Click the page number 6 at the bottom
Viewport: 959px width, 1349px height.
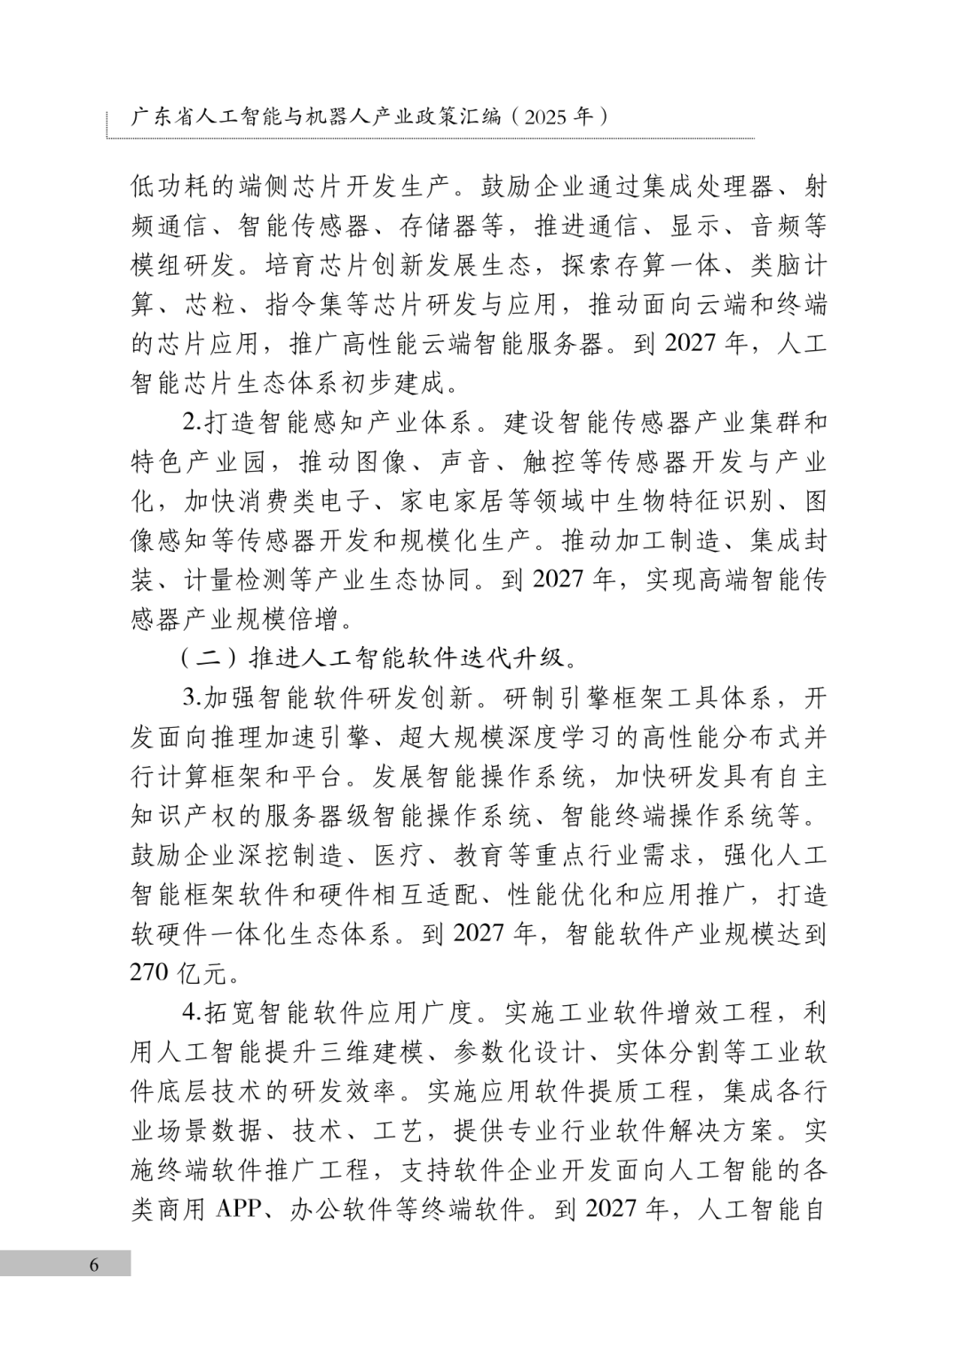(x=94, y=1265)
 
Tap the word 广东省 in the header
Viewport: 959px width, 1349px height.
(x=162, y=116)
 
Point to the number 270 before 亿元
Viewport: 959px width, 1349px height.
(x=149, y=972)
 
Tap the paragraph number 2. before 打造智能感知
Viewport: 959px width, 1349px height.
(x=193, y=421)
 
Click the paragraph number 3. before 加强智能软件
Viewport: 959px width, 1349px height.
(x=193, y=697)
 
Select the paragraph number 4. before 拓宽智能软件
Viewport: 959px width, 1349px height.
(x=193, y=1012)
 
